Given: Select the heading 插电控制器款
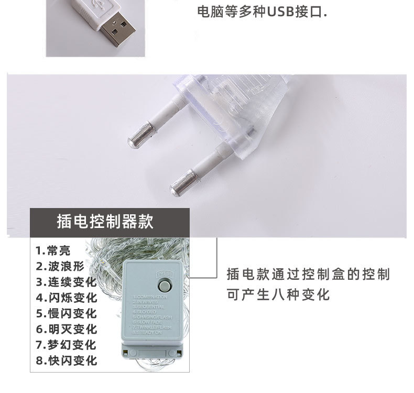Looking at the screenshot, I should [105, 221].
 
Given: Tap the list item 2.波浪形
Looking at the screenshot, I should [60, 266].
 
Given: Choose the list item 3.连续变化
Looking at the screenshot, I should [67, 282].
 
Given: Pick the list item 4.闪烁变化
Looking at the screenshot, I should [67, 298].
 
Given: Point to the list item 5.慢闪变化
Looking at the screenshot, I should [67, 313].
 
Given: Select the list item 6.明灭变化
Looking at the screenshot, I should [67, 329].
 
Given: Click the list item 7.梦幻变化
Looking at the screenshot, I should [67, 345].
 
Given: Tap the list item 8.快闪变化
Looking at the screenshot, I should [67, 361].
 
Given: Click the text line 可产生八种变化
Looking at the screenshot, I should [278, 294].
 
